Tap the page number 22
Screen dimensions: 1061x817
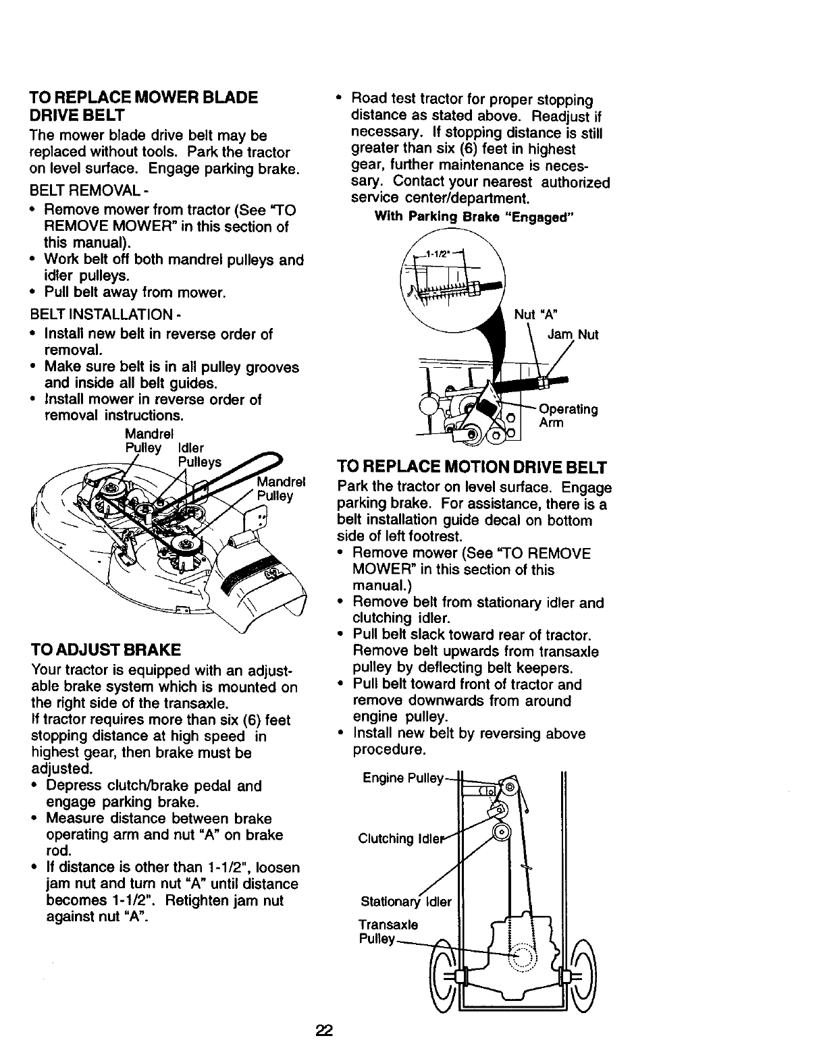pos(324,1031)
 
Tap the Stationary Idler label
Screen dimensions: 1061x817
pos(405,901)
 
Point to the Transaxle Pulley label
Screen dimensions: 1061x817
pos(388,931)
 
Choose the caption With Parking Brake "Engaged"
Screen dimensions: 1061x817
pos(474,217)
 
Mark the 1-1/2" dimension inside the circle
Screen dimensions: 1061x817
pos(443,254)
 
